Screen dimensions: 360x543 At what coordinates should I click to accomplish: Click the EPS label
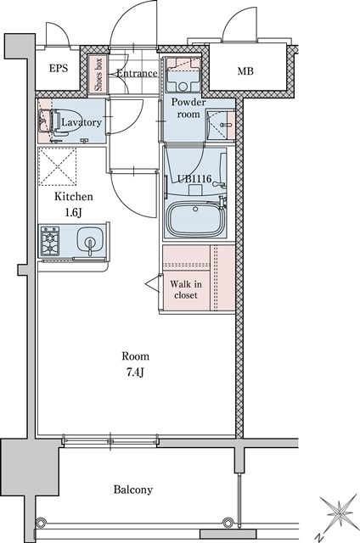click(x=59, y=68)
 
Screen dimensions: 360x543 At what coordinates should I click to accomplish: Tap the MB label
click(x=245, y=71)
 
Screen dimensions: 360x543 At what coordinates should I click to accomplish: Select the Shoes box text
click(x=98, y=75)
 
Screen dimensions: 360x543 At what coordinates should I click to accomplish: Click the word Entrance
click(x=137, y=74)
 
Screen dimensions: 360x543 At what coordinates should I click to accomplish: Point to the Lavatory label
click(x=82, y=122)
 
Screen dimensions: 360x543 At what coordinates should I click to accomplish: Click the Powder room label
click(x=188, y=108)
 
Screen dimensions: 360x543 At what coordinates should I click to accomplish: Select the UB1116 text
click(x=194, y=179)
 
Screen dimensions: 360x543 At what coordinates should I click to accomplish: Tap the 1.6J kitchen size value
click(x=74, y=212)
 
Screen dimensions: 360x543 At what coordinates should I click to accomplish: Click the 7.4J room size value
click(x=135, y=372)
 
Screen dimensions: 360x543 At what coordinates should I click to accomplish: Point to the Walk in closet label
click(x=186, y=289)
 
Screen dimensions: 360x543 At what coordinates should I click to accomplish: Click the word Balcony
click(x=133, y=490)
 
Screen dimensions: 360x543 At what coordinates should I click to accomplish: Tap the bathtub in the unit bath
click(x=196, y=219)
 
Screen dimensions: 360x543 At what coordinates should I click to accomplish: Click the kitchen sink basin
click(x=90, y=239)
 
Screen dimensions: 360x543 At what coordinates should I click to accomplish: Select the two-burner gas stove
click(x=50, y=241)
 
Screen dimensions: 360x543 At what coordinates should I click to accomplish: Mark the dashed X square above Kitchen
click(x=57, y=166)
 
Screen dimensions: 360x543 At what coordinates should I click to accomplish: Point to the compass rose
click(x=340, y=513)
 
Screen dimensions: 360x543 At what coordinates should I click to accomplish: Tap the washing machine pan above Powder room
click(x=183, y=76)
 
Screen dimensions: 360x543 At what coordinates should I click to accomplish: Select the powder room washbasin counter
click(x=221, y=125)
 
